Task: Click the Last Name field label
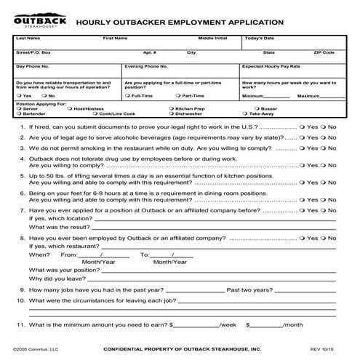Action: (x=28, y=37)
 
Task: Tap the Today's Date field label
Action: (x=260, y=37)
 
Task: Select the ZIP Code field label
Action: (x=324, y=52)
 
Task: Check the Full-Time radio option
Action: (x=127, y=95)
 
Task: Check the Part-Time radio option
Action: (x=178, y=95)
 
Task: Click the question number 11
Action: (x=21, y=324)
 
